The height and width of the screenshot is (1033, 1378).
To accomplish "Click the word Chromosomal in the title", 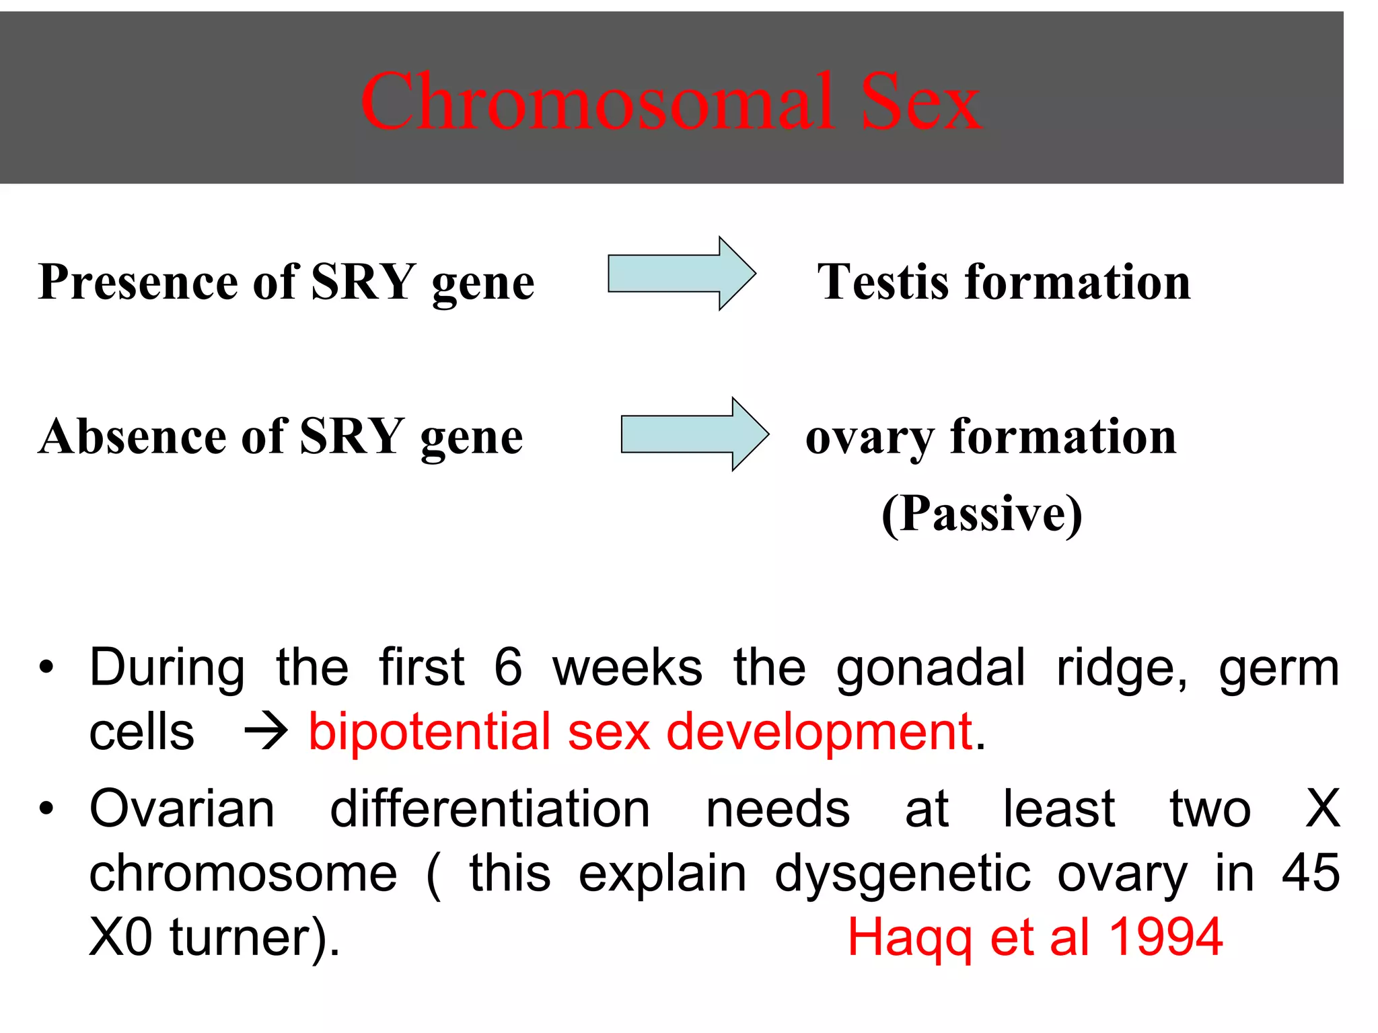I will click(599, 102).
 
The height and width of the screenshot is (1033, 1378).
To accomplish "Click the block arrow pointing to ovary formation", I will click(694, 434).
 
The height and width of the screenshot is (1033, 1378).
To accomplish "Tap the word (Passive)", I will click(982, 514).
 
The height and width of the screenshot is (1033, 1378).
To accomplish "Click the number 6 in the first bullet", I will click(508, 667).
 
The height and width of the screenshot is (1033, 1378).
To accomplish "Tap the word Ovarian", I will click(182, 808).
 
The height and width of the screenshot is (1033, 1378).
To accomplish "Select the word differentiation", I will click(490, 808).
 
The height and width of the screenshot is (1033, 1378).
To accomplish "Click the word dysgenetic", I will click(902, 874).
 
